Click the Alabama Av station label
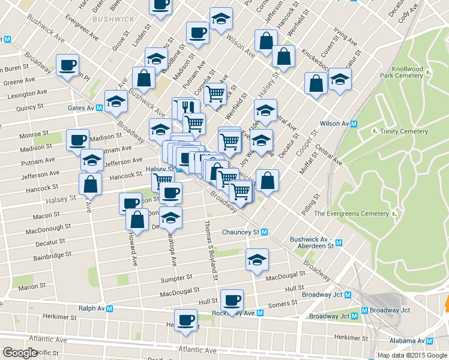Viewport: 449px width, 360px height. click(x=411, y=340)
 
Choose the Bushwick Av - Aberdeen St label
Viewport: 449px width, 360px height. click(x=312, y=242)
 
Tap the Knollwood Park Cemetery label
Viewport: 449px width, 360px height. click(x=402, y=71)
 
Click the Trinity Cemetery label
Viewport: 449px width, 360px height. click(x=403, y=131)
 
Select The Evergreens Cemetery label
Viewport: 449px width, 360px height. click(x=351, y=214)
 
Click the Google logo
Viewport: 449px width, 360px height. click(x=20, y=353)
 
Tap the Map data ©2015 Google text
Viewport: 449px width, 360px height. click(x=412, y=355)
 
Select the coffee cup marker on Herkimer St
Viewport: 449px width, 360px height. click(x=185, y=319)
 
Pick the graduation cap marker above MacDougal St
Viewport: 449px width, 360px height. click(x=257, y=259)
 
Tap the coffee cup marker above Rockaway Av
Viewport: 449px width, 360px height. click(x=232, y=299)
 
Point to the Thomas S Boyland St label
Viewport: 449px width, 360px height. click(x=209, y=249)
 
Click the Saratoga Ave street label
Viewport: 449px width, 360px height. click(x=172, y=246)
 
